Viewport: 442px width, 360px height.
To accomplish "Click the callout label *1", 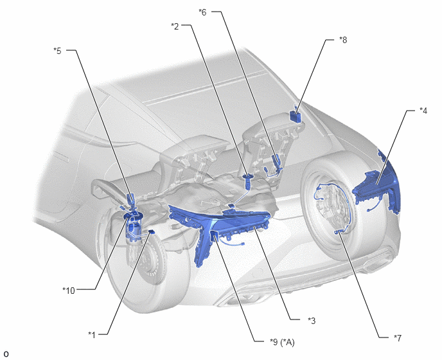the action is [92, 335].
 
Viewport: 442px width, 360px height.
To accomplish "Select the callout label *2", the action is [175, 26].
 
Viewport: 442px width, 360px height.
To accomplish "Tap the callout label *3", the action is [312, 321].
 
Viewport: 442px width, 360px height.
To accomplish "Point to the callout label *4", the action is [423, 111].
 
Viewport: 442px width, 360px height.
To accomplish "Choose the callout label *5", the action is [57, 51].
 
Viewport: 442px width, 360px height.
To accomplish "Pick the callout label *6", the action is [202, 12].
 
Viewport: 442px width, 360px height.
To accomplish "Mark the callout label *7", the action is [398, 337].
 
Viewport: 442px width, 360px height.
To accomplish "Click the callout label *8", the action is [343, 40].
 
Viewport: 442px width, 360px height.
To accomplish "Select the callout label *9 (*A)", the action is [282, 342].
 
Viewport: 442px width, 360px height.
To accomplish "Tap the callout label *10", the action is [69, 291].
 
